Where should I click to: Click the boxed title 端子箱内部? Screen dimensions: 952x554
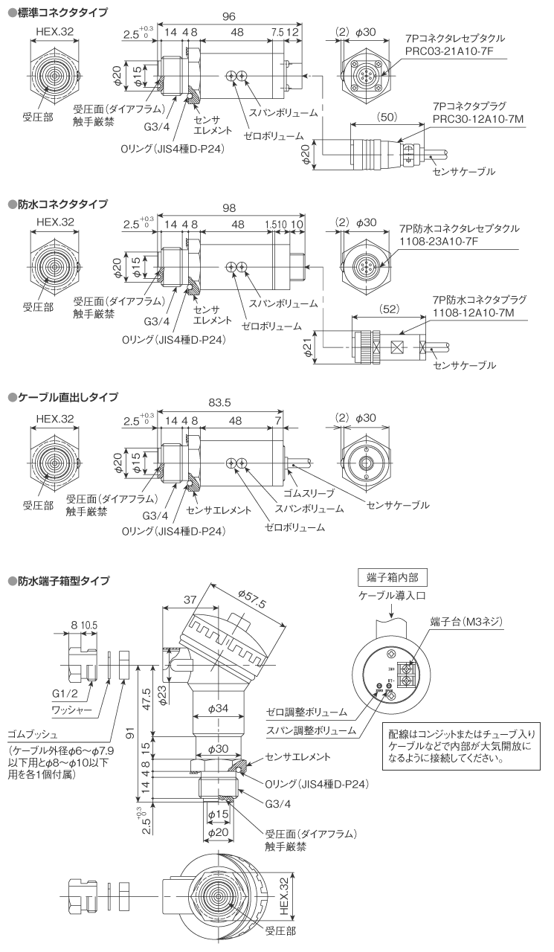click(x=392, y=579)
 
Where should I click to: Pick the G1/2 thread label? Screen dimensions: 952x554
click(x=65, y=693)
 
